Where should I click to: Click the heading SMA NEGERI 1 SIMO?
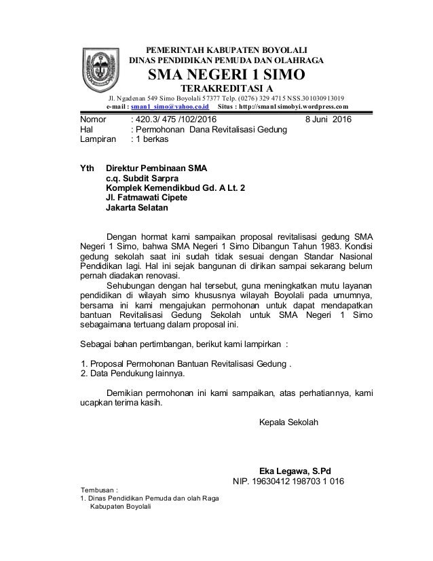pyautogui.click(x=227, y=74)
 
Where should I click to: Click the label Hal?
pyautogui.click(x=87, y=130)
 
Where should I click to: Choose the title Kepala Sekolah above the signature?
pyautogui.click(x=288, y=421)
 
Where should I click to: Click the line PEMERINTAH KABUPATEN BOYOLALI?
pyautogui.click(x=227, y=50)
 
